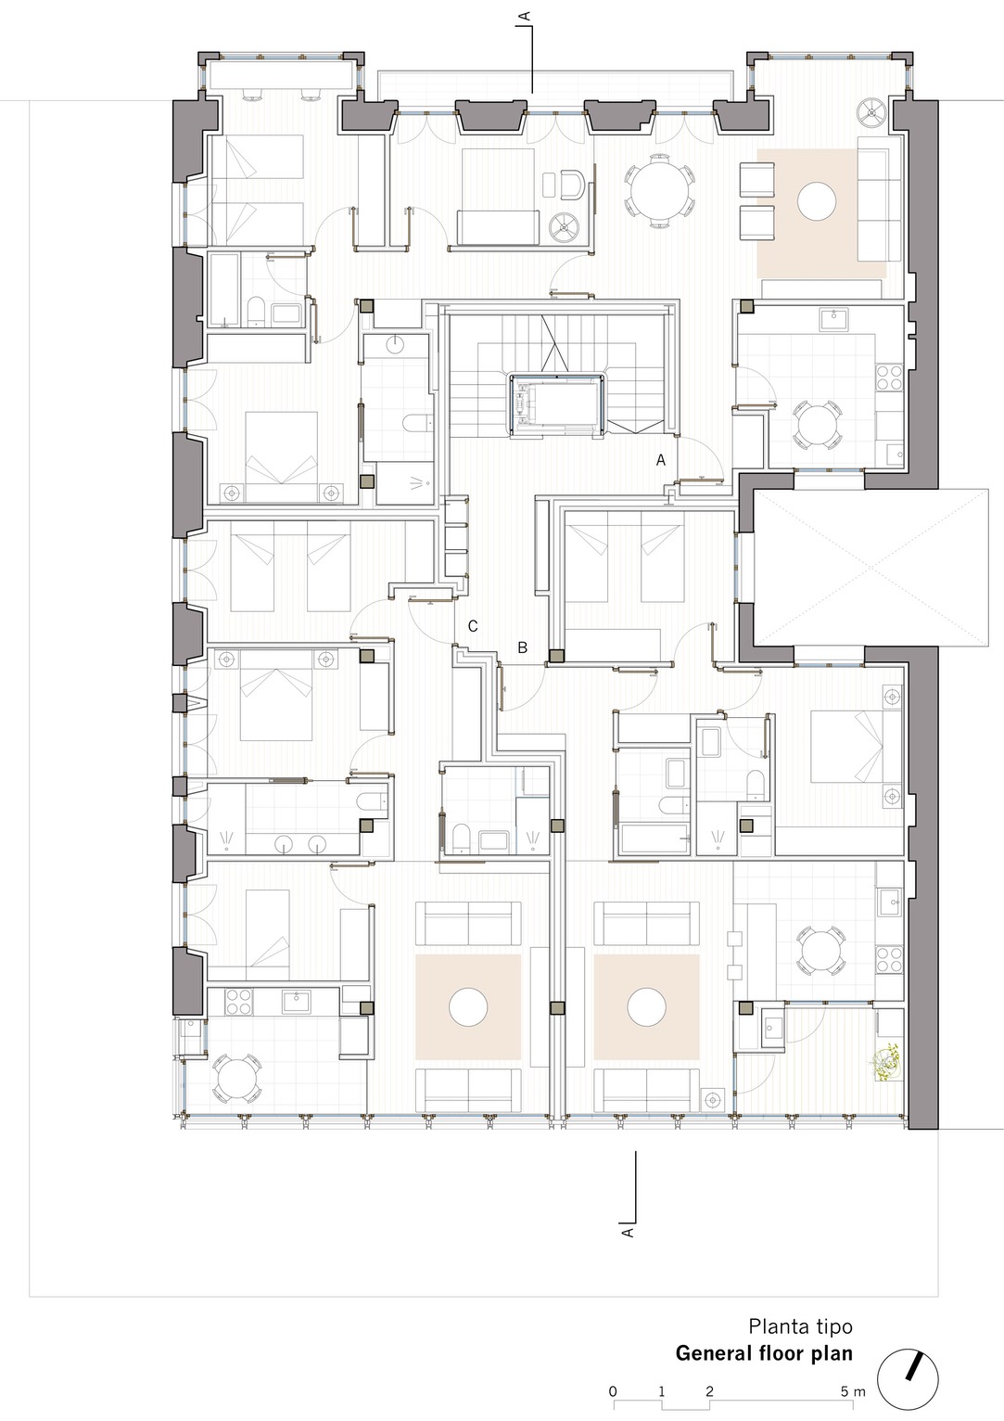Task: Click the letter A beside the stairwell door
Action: (661, 460)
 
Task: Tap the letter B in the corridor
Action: (523, 647)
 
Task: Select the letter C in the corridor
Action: (473, 626)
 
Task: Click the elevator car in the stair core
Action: (556, 404)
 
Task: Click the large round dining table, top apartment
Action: (659, 189)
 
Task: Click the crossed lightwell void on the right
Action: (871, 568)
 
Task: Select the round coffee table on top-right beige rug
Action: (817, 201)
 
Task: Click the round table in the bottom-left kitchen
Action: (236, 1080)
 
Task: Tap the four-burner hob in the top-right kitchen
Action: (889, 378)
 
